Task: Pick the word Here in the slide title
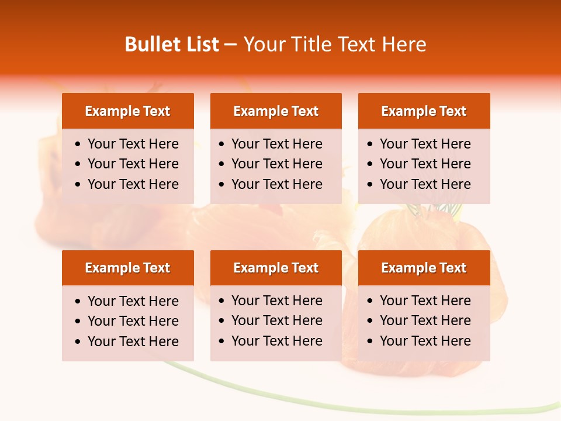point(404,44)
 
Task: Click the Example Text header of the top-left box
point(127,111)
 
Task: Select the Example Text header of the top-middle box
point(276,111)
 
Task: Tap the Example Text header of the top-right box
point(424,111)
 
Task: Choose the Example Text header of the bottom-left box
point(127,268)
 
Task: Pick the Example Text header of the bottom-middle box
point(276,268)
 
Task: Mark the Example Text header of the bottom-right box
point(424,268)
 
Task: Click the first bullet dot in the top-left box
point(78,144)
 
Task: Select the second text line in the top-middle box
point(276,164)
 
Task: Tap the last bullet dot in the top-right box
point(370,185)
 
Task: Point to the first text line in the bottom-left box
point(133,301)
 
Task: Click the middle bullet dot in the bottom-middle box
point(222,321)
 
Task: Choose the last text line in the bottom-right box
point(425,341)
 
